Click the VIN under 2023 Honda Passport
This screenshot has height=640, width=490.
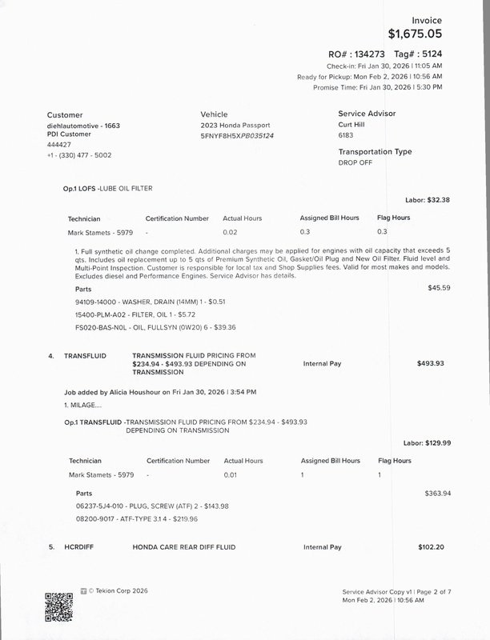coord(237,137)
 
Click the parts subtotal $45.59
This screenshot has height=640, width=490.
coord(439,287)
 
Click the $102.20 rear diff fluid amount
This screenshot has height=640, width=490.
coord(430,547)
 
